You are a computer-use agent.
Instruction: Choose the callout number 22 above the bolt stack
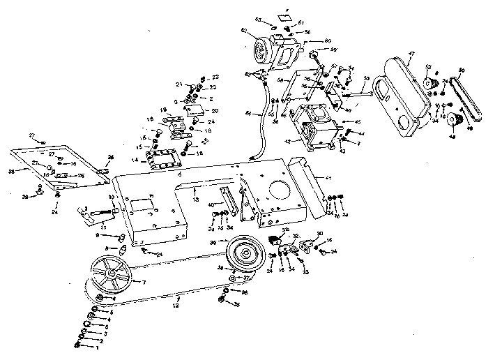[215, 77]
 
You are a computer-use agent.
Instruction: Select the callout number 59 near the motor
[334, 50]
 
